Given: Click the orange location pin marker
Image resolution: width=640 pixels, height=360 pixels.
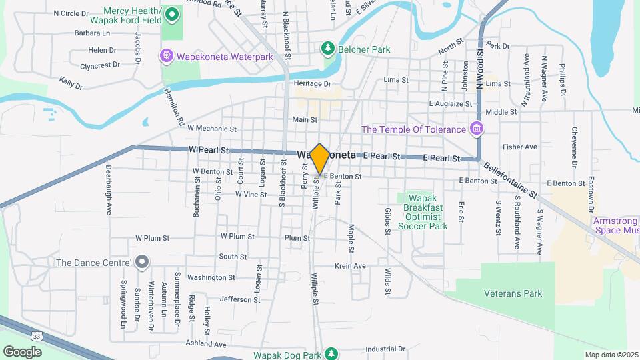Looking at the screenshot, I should pyautogui.click(x=319, y=159).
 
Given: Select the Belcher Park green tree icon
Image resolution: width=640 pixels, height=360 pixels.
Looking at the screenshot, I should pyautogui.click(x=327, y=49).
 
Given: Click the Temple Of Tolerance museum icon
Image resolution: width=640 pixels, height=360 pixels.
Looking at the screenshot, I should pyautogui.click(x=476, y=128).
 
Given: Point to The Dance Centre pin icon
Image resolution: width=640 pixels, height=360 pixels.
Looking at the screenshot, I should pyautogui.click(x=141, y=262).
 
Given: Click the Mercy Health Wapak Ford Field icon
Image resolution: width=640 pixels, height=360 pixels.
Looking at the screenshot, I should pyautogui.click(x=173, y=13).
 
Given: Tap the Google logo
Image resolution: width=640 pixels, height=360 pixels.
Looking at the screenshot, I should pyautogui.click(x=22, y=351).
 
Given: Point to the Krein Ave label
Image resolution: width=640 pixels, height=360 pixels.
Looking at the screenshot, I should pyautogui.click(x=351, y=266).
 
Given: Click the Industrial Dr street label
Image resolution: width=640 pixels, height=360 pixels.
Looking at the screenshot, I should pyautogui.click(x=385, y=349).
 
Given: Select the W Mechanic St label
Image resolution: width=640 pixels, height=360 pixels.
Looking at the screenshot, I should pyautogui.click(x=212, y=128).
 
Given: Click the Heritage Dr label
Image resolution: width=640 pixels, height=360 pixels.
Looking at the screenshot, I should pyautogui.click(x=312, y=84).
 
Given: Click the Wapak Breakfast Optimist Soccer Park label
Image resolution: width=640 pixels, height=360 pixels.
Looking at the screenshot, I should pyautogui.click(x=423, y=212).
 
